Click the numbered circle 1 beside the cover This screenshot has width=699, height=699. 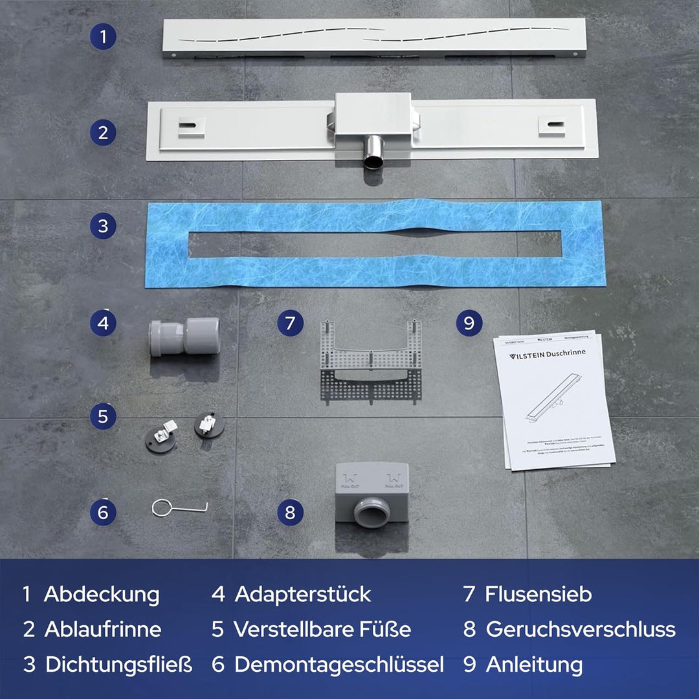103,37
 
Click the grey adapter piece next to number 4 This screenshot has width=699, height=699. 184,337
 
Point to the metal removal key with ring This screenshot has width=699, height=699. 179,508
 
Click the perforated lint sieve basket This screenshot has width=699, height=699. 371,362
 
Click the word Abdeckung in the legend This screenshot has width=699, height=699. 102,594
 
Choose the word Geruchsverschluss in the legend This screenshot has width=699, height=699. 581,629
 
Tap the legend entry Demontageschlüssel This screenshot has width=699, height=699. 338,665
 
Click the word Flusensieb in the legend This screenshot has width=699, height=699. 538,594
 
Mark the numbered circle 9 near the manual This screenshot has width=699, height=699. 469,322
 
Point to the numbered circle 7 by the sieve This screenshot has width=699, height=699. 291,322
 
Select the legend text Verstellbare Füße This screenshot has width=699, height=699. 322,629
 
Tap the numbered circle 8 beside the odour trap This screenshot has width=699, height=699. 290,513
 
